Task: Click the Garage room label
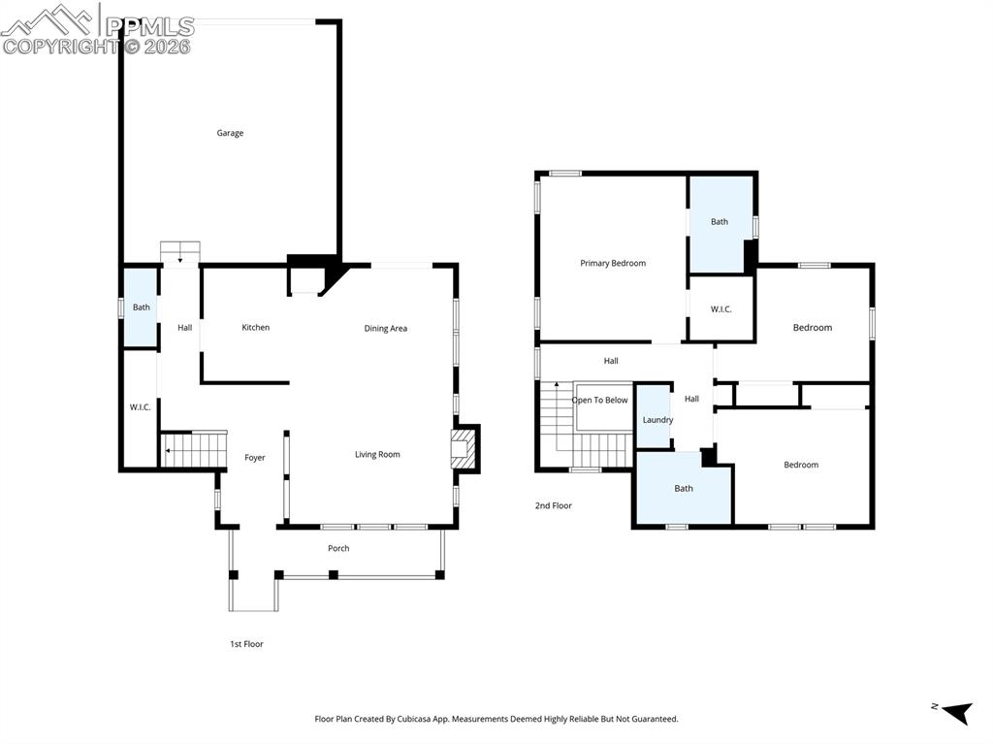click(230, 133)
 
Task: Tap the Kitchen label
click(256, 328)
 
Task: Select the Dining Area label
click(385, 329)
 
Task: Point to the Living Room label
click(377, 455)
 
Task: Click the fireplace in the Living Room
click(464, 450)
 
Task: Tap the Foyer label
click(254, 458)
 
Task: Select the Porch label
click(338, 549)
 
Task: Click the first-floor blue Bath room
click(141, 307)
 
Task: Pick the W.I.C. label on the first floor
click(141, 407)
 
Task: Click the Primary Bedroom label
click(613, 264)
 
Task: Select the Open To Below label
click(599, 401)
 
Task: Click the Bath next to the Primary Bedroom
click(719, 223)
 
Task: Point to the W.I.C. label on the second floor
click(721, 309)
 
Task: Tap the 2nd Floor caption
click(554, 505)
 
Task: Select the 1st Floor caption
click(246, 644)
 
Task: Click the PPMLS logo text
click(149, 26)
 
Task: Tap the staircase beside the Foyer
click(194, 450)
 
